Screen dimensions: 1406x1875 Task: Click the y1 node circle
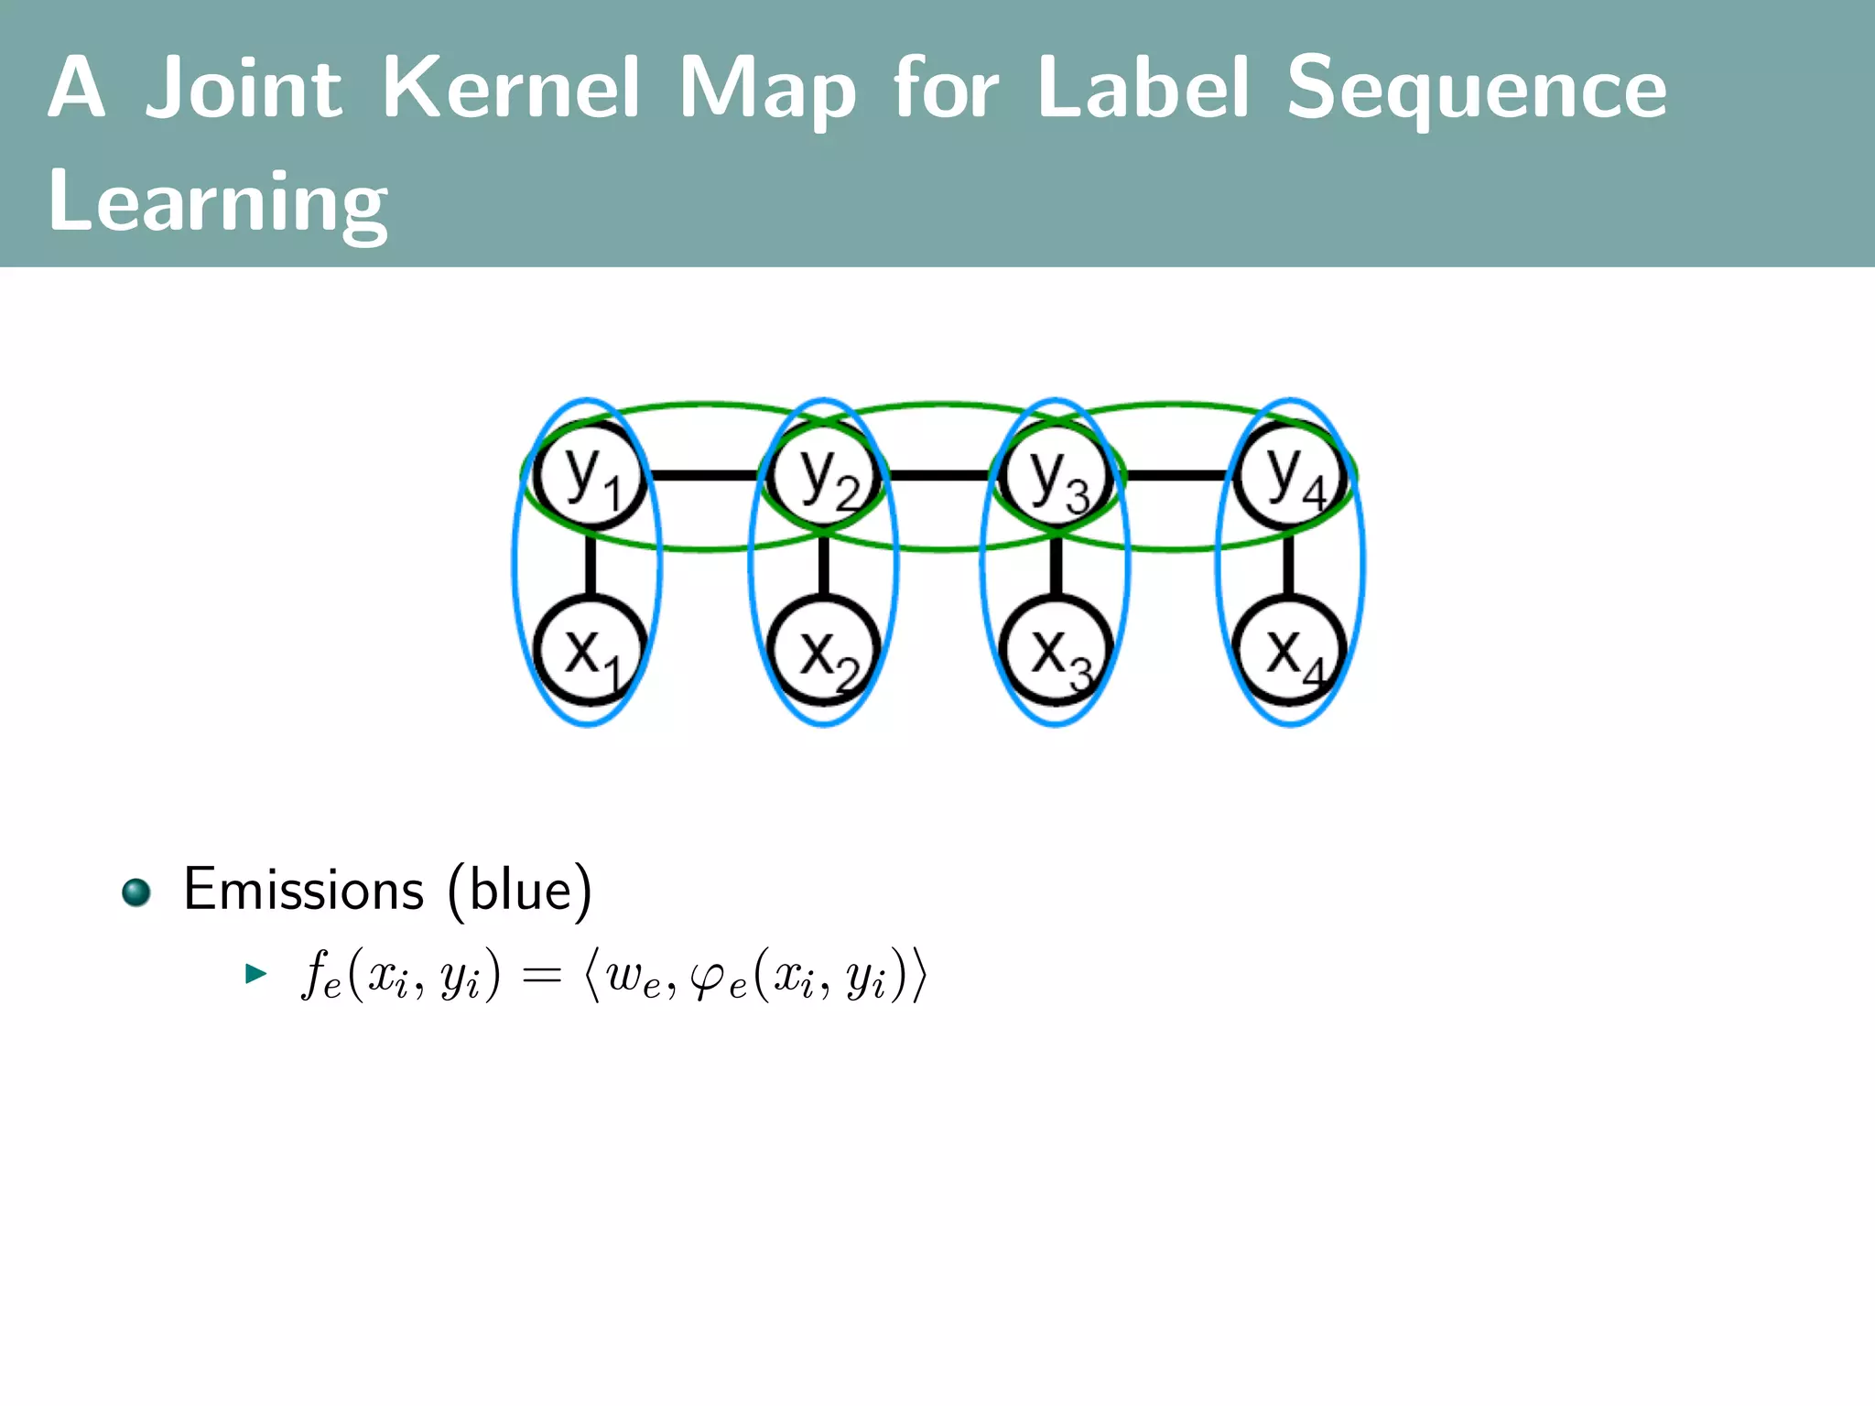591,476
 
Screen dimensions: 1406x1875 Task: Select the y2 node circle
824,476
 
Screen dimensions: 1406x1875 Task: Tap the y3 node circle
1057,476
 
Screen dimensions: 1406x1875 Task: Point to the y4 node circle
1290,476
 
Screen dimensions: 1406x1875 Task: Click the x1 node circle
591,651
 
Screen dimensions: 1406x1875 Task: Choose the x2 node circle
824,651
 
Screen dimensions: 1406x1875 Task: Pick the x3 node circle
1057,651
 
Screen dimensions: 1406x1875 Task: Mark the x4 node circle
1290,651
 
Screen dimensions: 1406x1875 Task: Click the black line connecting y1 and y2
705,476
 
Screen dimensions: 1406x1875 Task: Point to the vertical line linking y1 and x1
591,564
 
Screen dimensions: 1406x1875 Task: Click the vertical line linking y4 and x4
1289,564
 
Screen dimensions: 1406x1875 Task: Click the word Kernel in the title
511,89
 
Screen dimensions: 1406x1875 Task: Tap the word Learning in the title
218,202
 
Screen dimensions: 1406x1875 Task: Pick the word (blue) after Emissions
520,890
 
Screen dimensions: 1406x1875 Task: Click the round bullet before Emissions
136,892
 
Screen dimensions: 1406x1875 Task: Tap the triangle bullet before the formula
255,973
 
